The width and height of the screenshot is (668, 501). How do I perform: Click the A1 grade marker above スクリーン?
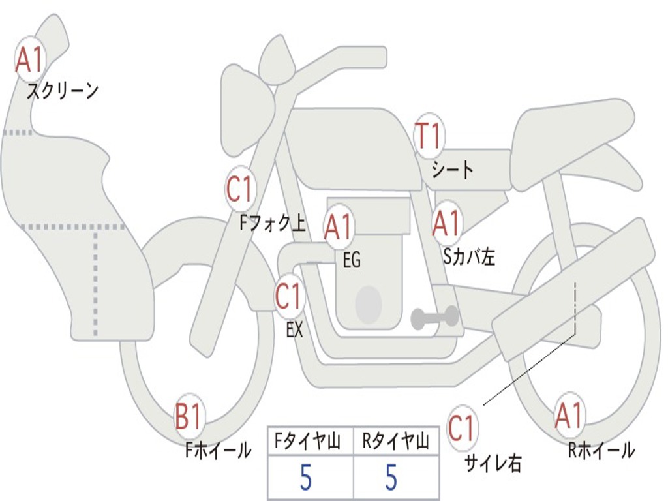(x=30, y=59)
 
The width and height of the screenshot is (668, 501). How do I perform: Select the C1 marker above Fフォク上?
(x=240, y=189)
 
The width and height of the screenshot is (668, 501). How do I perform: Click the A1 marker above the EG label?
(x=339, y=227)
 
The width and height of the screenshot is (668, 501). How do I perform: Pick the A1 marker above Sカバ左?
(x=447, y=223)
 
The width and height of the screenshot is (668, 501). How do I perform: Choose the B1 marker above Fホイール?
(x=189, y=417)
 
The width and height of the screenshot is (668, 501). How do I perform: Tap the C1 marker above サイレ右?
(x=461, y=428)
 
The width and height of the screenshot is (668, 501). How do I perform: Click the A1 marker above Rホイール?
(x=569, y=415)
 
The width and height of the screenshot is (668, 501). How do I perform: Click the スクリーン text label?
(x=63, y=91)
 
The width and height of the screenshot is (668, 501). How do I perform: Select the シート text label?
(x=453, y=169)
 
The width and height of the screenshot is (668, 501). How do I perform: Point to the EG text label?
(x=352, y=260)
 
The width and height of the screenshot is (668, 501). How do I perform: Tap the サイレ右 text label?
(x=493, y=463)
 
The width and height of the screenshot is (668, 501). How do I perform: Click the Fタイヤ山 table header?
(x=308, y=441)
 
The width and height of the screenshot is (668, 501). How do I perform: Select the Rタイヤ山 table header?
(x=395, y=441)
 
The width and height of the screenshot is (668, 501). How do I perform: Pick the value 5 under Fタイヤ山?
(x=306, y=477)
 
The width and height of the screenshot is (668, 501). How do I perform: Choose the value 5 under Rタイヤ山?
(x=391, y=477)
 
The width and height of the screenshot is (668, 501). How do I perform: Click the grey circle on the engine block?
(x=369, y=304)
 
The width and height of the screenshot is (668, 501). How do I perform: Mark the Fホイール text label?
(x=219, y=450)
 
